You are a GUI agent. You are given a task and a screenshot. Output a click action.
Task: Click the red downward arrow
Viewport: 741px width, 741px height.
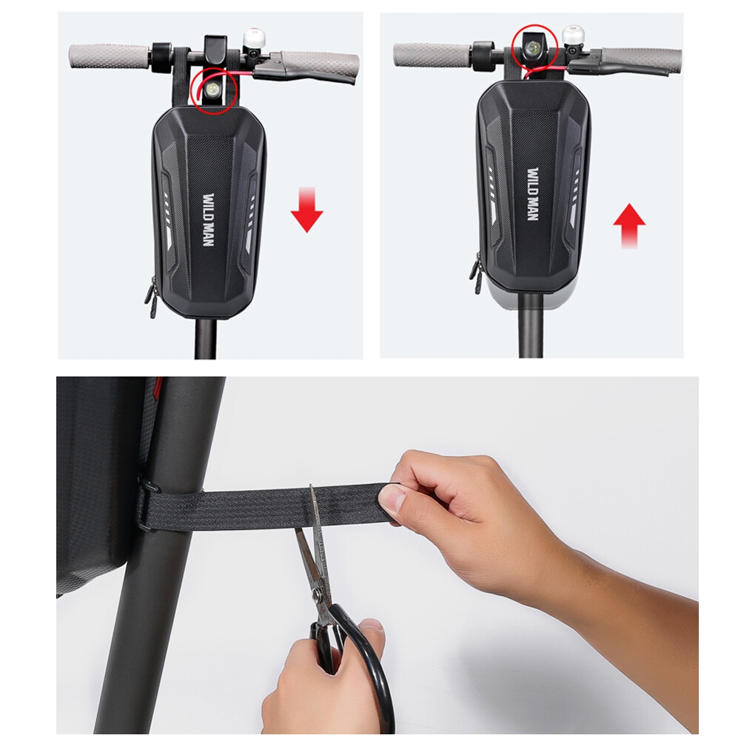306,209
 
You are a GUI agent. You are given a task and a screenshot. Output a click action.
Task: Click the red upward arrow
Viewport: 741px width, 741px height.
629,226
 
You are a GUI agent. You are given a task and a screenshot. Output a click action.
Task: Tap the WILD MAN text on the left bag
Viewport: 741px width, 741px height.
209,219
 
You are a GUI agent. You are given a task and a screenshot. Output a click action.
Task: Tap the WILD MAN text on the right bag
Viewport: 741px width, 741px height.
532,194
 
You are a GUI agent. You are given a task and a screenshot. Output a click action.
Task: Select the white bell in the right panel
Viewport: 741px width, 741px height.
573,37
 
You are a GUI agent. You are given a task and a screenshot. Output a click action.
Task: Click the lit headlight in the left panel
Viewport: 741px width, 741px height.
214,89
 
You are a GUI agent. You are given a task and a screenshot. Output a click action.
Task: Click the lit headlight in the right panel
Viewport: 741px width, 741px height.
534,47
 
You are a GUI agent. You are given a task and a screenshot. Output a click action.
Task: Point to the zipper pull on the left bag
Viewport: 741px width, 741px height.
152,297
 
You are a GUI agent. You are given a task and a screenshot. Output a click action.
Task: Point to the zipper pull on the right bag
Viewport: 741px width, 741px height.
475,274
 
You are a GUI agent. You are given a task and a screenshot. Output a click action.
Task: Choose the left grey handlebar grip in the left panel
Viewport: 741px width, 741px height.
109,56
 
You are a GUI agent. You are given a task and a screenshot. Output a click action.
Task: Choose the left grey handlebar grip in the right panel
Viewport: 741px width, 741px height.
433,55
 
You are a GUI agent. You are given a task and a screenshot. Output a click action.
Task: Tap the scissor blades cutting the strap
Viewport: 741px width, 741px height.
312,543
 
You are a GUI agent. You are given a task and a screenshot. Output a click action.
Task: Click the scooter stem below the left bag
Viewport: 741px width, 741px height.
206,338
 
